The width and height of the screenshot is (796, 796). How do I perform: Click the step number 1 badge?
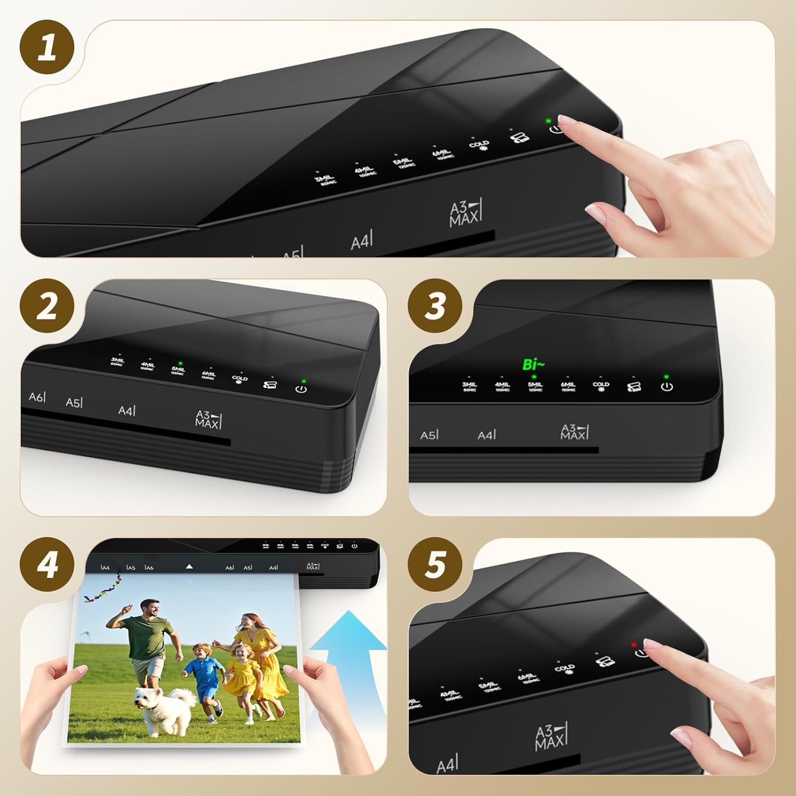(47, 47)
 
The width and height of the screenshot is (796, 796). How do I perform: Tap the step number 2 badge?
(47, 306)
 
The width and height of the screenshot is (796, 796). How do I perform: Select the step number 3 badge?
(435, 306)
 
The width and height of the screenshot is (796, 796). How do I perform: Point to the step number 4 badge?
(47, 565)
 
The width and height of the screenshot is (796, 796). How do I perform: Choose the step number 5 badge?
(435, 565)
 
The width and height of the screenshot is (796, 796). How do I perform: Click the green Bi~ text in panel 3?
(533, 365)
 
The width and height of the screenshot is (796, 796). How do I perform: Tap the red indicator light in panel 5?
(634, 645)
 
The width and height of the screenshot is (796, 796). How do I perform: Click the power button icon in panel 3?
(667, 387)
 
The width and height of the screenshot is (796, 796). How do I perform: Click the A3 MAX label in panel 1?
(465, 214)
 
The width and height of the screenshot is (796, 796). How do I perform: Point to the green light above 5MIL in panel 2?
(180, 364)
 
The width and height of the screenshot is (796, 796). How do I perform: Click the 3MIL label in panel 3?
(469, 386)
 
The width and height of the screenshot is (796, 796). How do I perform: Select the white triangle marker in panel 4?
(189, 567)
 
